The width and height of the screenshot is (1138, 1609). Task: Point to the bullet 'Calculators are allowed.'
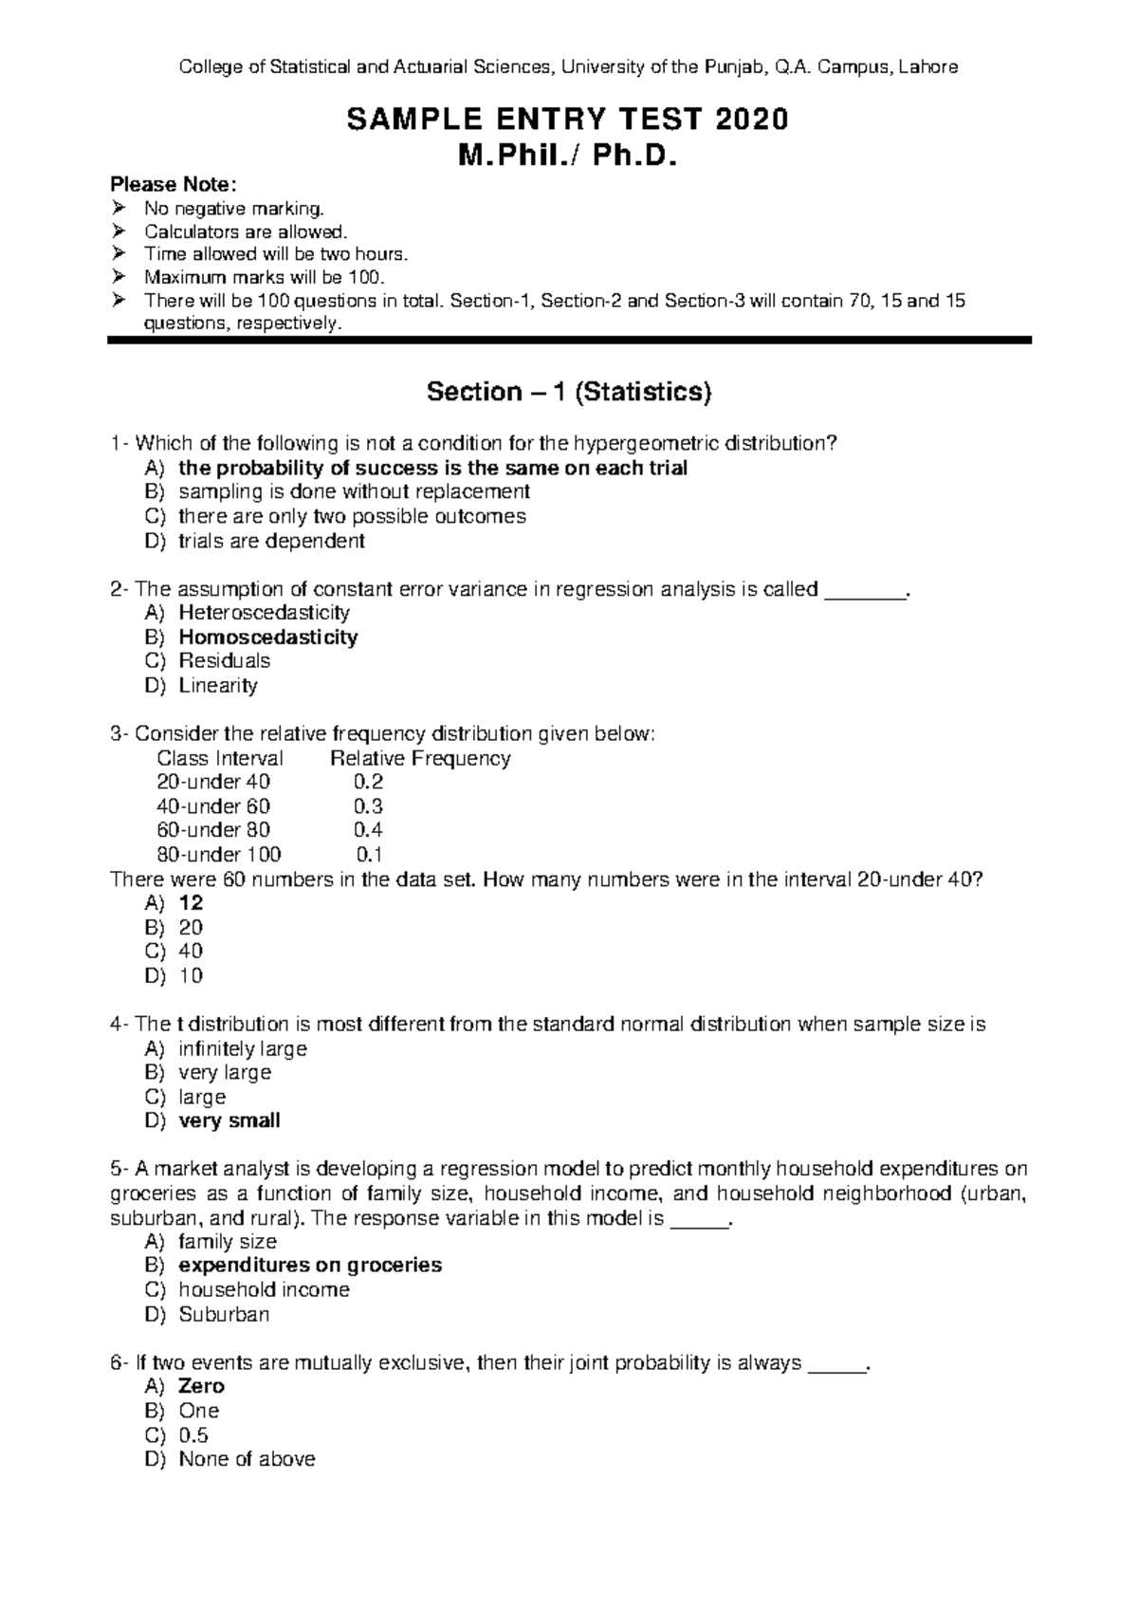[246, 231]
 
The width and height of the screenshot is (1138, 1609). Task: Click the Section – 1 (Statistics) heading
[568, 392]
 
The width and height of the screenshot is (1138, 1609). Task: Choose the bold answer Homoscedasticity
[267, 638]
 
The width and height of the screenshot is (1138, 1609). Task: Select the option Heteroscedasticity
[264, 613]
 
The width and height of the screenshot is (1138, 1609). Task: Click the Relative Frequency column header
[420, 759]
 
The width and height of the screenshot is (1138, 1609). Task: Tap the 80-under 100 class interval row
[218, 855]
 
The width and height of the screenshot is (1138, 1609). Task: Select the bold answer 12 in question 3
[191, 903]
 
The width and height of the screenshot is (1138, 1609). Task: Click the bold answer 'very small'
[229, 1121]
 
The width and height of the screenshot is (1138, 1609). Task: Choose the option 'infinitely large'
[242, 1049]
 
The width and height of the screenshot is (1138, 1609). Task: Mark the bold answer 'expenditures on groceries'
[310, 1266]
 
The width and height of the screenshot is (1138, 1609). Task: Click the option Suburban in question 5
[224, 1315]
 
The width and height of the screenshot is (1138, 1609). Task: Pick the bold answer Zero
[201, 1387]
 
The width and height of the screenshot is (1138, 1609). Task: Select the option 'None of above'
[247, 1460]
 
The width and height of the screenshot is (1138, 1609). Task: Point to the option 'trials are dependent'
[271, 542]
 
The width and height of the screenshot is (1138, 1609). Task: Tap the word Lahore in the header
[928, 67]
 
